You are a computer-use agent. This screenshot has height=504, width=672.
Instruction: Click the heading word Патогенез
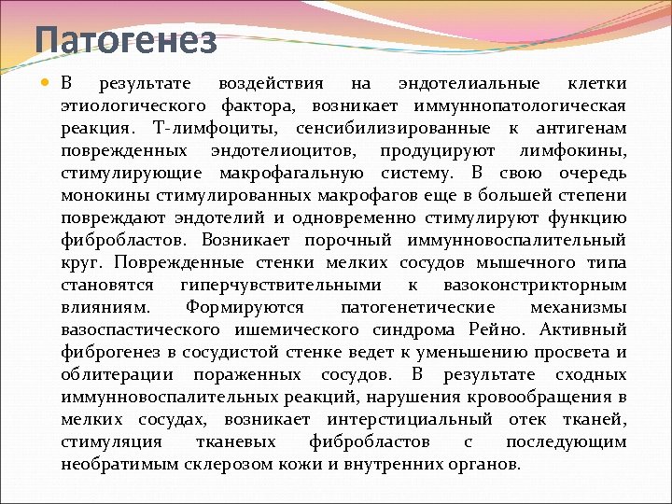coord(126,41)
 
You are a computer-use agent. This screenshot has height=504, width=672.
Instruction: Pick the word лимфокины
coord(571,151)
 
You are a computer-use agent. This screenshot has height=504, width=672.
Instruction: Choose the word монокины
coord(98,196)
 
